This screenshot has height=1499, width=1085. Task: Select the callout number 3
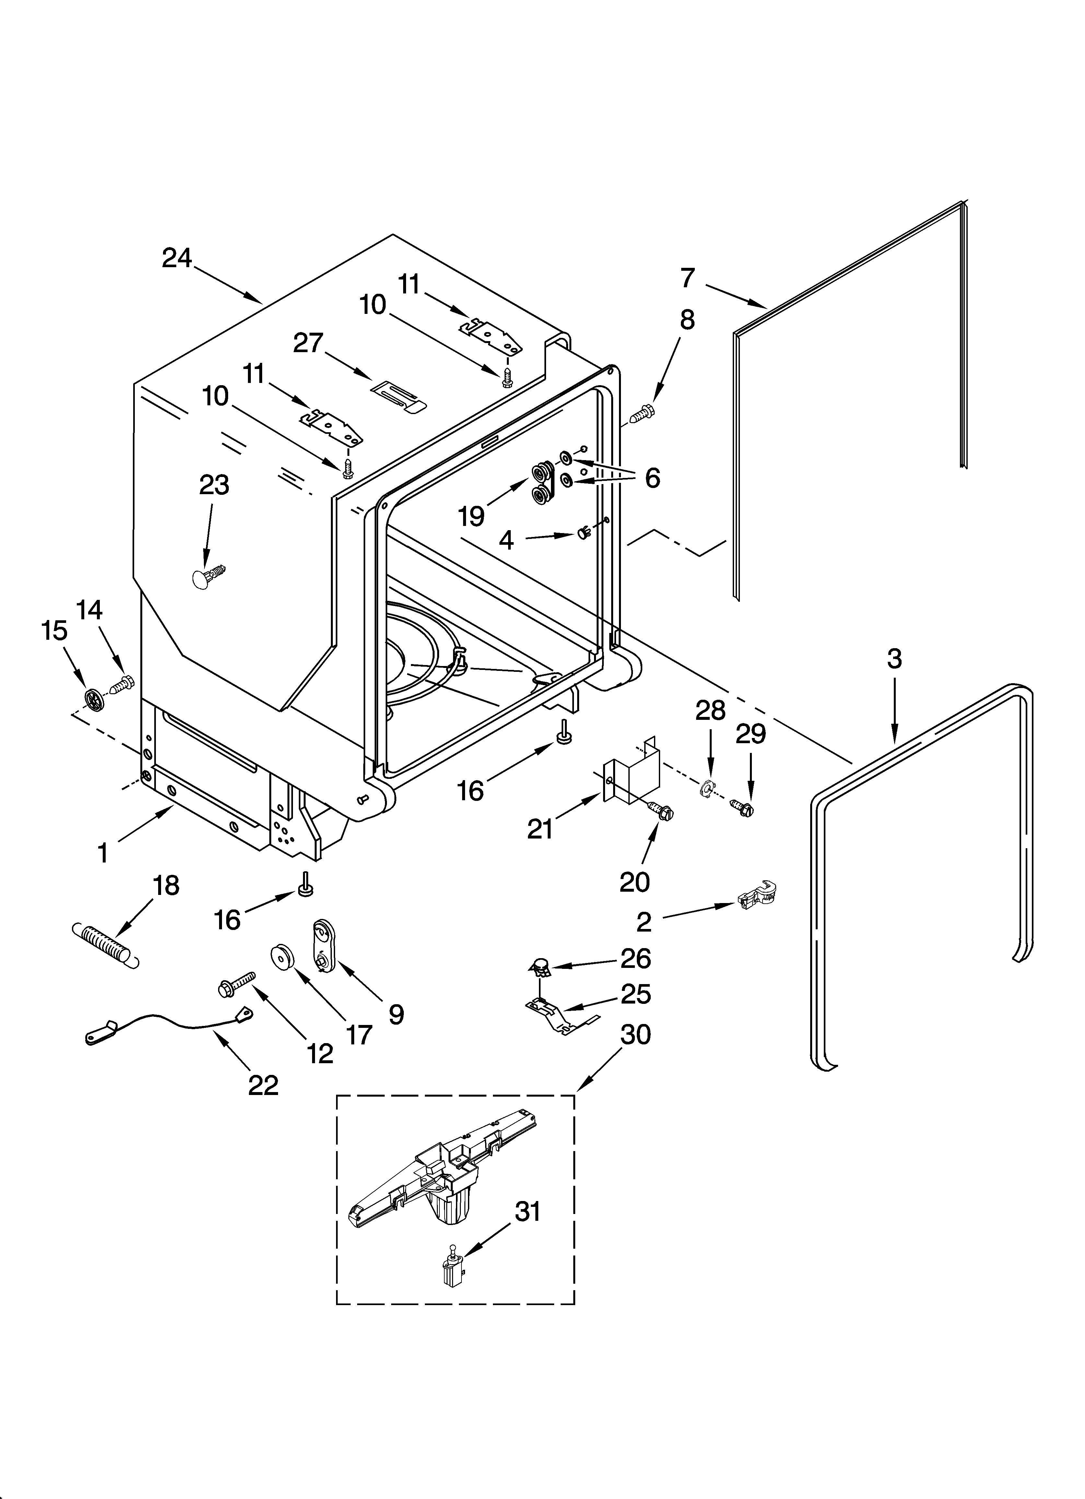coord(894,659)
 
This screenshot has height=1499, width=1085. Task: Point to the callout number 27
coord(308,343)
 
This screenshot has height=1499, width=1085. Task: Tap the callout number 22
coord(263,1085)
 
